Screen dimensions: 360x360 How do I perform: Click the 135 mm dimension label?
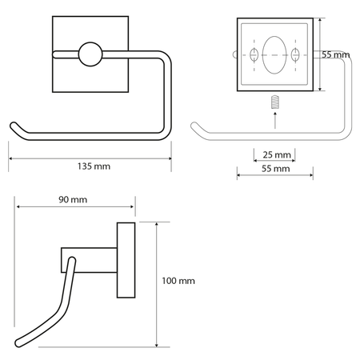tap(94, 166)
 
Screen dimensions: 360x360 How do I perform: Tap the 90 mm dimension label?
tap(73, 199)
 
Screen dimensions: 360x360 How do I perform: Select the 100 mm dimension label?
tap(178, 281)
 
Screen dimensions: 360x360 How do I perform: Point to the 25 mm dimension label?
tap(277, 154)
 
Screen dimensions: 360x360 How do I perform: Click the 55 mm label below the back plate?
tap(275, 169)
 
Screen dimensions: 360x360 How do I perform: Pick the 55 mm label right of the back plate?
tap(335, 54)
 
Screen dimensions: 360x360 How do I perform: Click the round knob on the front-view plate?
tap(90, 54)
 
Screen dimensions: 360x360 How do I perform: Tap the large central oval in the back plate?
tap(274, 55)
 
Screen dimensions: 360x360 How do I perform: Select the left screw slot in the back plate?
tap(254, 55)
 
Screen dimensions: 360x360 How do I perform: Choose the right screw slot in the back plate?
tap(295, 55)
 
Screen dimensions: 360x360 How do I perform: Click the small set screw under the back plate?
tap(275, 102)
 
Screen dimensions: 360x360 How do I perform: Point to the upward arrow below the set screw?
tap(275, 121)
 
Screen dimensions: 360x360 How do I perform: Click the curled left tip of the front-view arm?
tap(13, 126)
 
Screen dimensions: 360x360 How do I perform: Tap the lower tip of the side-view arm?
tap(18, 343)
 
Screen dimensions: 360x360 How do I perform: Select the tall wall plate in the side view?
tap(126, 260)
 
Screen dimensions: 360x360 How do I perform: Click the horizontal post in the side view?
tap(89, 260)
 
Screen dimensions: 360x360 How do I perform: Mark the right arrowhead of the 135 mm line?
tap(170, 158)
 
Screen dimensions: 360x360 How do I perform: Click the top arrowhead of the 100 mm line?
tap(157, 224)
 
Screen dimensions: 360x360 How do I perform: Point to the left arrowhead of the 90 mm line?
tap(18, 206)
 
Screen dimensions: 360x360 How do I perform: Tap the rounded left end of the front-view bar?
tap(55, 54)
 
